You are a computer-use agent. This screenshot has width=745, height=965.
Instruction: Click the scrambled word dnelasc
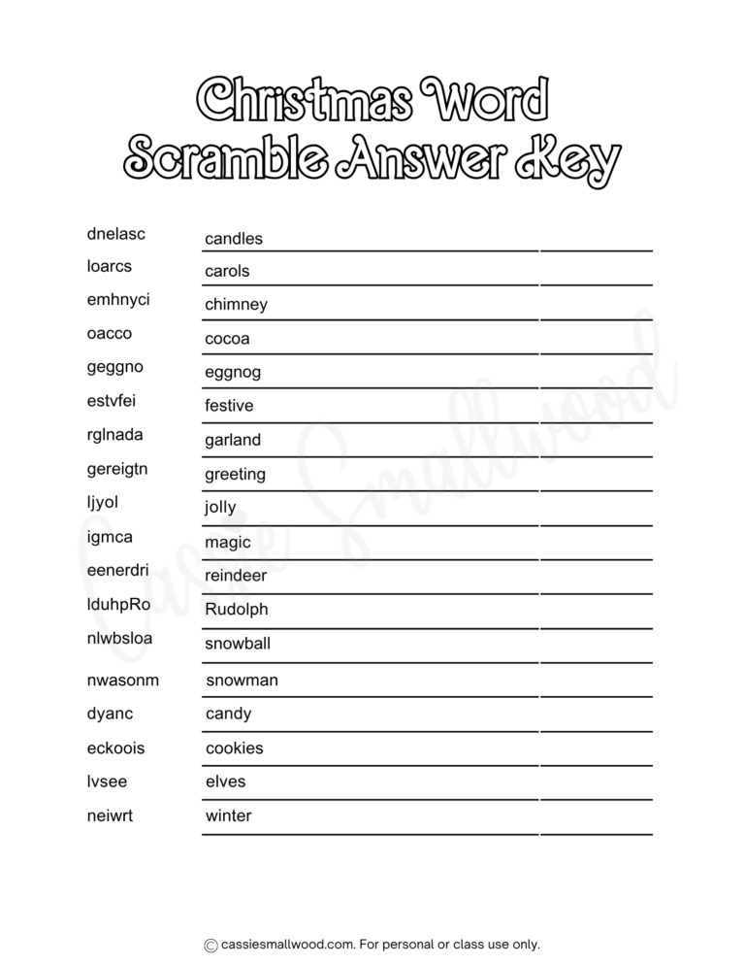click(115, 233)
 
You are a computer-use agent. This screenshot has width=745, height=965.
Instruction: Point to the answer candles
click(234, 239)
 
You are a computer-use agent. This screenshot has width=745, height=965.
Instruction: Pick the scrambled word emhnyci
click(118, 299)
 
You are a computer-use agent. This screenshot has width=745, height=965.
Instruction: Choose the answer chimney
click(236, 305)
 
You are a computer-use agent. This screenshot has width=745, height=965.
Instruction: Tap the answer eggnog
click(233, 373)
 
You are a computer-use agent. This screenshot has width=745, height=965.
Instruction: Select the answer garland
click(233, 440)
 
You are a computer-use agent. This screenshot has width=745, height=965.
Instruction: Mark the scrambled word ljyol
click(102, 503)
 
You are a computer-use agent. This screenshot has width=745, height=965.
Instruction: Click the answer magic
click(228, 543)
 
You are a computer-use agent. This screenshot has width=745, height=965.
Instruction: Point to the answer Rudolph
click(237, 610)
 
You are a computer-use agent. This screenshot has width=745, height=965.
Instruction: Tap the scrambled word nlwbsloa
click(119, 639)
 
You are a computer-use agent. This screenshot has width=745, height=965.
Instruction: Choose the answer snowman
click(242, 681)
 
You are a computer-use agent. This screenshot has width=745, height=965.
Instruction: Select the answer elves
click(226, 782)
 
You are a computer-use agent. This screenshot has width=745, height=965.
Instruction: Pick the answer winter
click(228, 815)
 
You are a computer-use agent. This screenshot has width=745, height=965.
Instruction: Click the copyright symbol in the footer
click(210, 945)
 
